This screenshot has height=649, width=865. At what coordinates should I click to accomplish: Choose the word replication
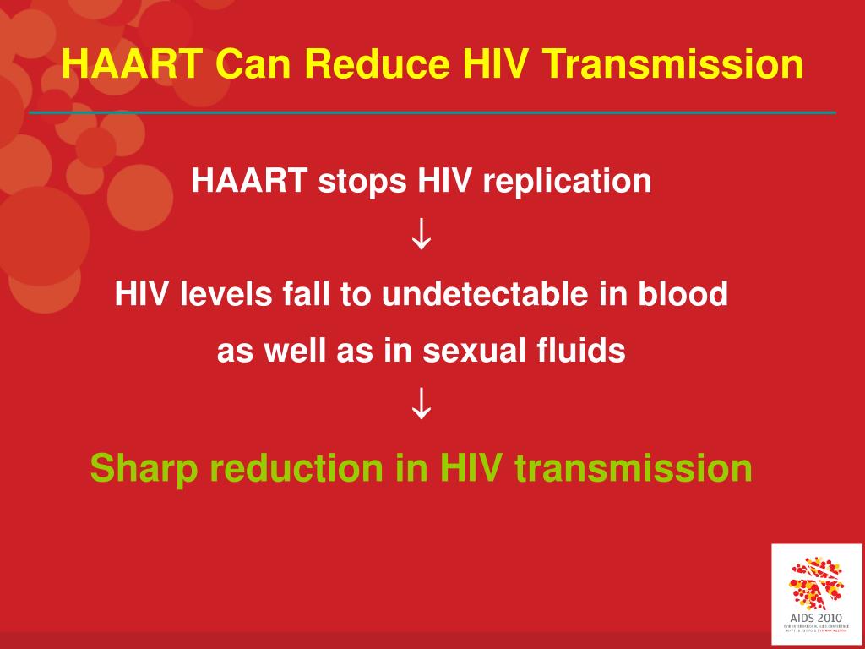click(x=568, y=181)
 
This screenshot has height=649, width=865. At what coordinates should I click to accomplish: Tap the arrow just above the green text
click(x=422, y=407)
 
